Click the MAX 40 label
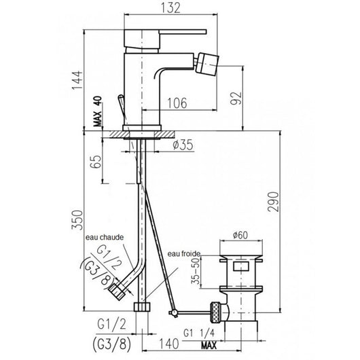pos(98,111)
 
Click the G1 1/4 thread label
pos(200,333)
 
